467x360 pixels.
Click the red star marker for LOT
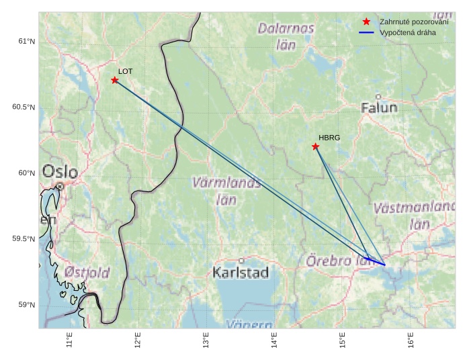tap(115, 80)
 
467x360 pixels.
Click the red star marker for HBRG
tap(315, 146)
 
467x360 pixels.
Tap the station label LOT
tap(126, 71)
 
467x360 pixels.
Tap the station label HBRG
tap(329, 138)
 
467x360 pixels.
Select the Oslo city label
tap(60, 172)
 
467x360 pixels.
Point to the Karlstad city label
tap(241, 272)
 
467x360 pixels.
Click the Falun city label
tap(379, 107)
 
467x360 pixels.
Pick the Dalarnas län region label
tap(286, 36)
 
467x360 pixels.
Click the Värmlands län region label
tap(226, 190)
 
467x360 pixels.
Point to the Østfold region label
tap(87, 273)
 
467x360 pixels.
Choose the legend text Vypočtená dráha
tap(407, 32)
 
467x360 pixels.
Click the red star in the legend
tap(366, 22)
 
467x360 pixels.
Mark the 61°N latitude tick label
tap(26, 42)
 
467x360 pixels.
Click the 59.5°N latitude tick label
tap(24, 240)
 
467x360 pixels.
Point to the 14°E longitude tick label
tap(274, 341)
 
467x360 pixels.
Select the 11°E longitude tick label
tap(69, 341)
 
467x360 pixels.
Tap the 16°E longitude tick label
tap(411, 341)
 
